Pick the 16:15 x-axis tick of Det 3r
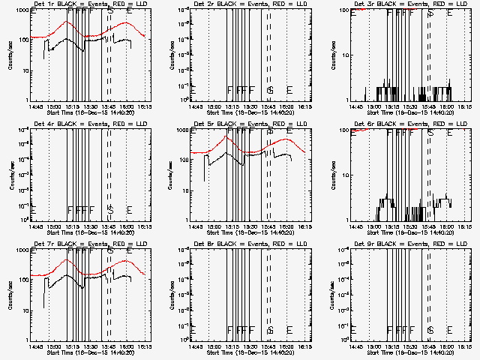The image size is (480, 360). [465, 106]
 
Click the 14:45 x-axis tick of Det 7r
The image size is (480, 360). [33, 346]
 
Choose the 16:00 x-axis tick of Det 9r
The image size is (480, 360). [447, 346]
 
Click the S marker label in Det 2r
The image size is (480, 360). [270, 90]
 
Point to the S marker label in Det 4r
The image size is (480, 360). [109, 209]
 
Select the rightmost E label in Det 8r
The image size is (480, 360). [289, 329]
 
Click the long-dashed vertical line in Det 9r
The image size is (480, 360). [430, 292]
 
